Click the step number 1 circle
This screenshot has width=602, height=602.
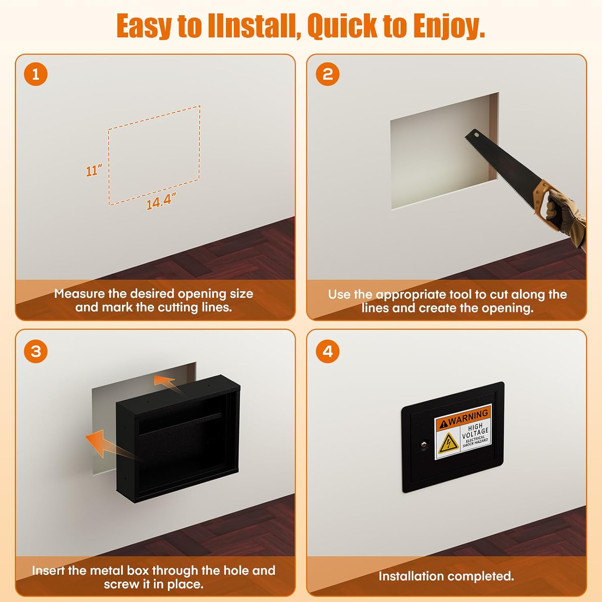click(36, 74)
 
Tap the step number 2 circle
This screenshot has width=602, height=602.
click(327, 74)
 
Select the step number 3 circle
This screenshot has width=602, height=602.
click(36, 352)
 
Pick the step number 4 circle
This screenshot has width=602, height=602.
click(327, 352)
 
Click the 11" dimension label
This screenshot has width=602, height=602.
click(94, 171)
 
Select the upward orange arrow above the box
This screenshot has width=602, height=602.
click(167, 383)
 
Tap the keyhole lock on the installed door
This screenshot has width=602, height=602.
click(423, 445)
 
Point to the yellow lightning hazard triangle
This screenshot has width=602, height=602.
click(448, 443)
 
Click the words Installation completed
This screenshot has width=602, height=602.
click(446, 576)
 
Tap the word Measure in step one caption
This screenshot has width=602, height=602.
click(79, 294)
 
